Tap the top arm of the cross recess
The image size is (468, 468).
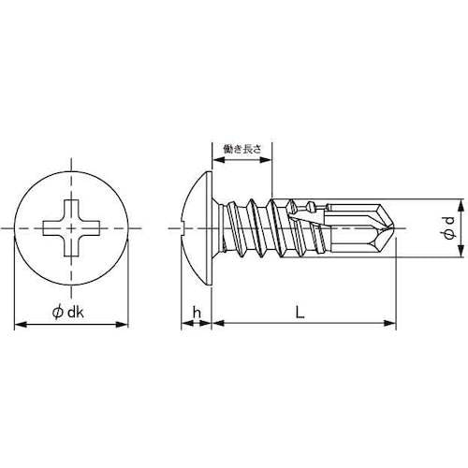(x=72, y=207)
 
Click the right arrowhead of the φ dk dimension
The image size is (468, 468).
(x=124, y=325)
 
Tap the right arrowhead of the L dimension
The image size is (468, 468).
(x=390, y=325)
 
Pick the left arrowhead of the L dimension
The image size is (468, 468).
(x=217, y=325)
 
